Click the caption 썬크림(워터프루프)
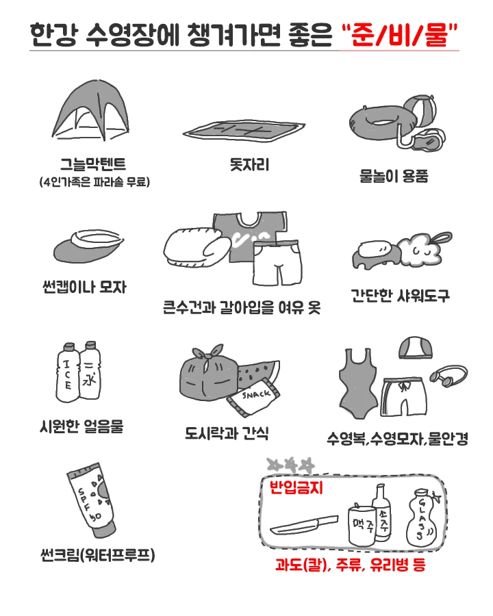(98, 554)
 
